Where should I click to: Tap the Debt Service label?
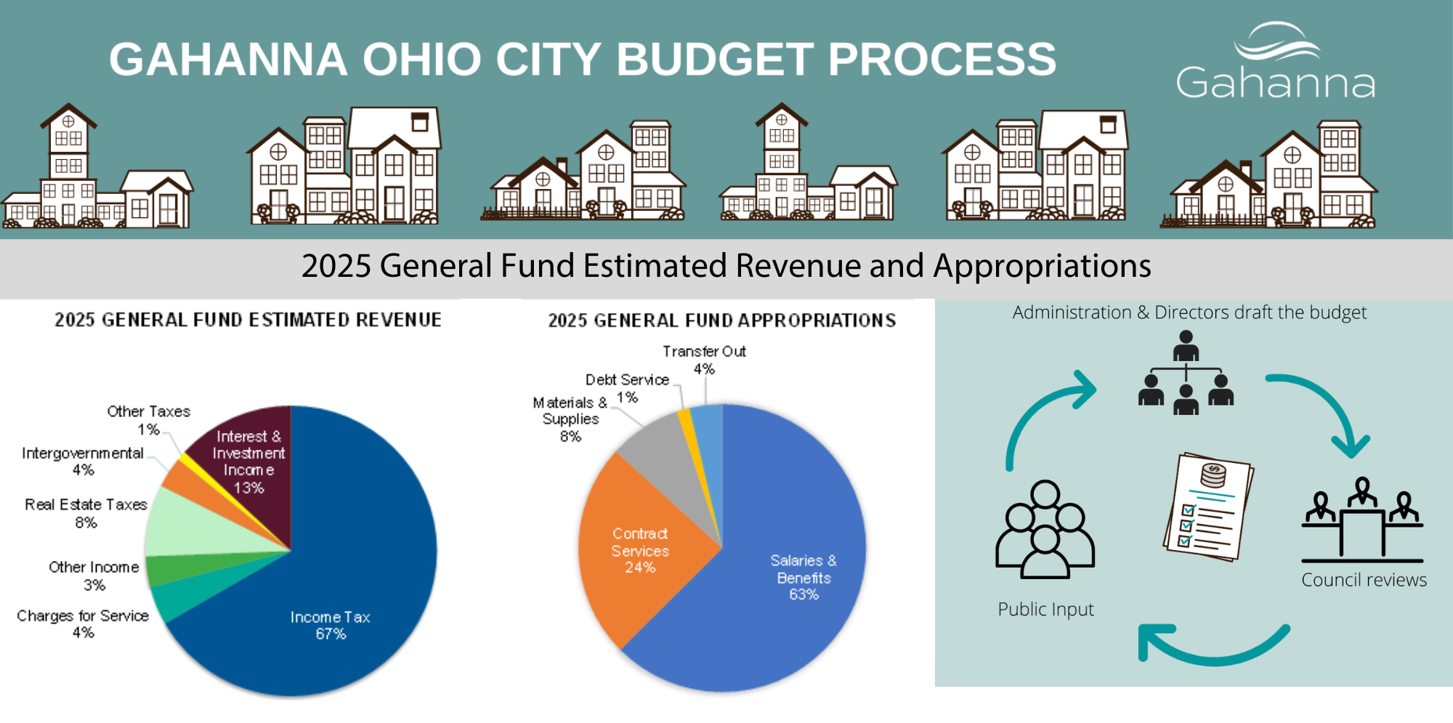point(627,380)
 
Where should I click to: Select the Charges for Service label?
point(83,616)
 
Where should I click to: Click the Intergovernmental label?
point(83,453)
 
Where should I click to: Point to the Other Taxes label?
point(149,412)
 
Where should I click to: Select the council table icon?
point(1362,520)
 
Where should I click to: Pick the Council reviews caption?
point(1364,580)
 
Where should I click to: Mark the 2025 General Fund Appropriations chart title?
point(721,320)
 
